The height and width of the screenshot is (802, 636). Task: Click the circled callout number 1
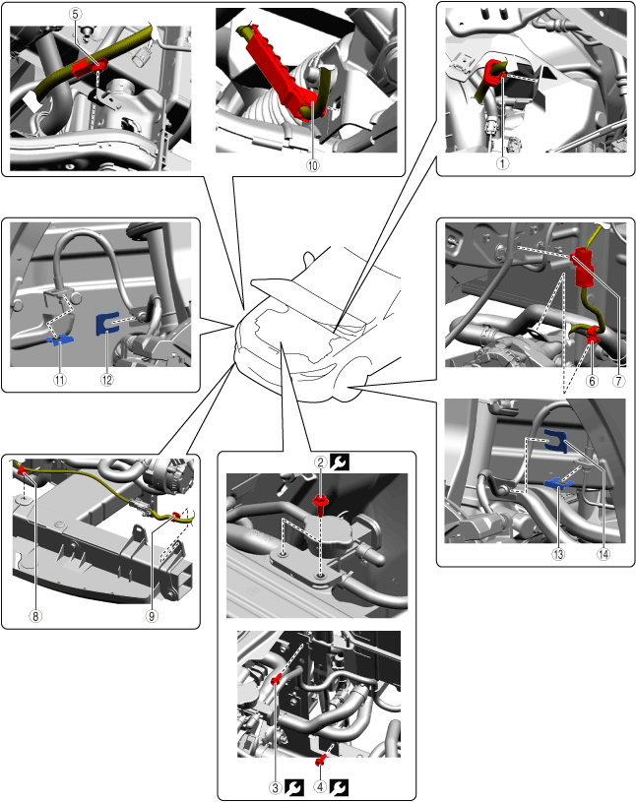click(502, 163)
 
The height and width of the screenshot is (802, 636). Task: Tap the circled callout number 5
click(75, 14)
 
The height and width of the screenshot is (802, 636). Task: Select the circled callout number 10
click(312, 165)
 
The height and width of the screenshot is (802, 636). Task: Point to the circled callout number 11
click(60, 380)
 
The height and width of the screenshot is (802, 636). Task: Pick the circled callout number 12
click(107, 380)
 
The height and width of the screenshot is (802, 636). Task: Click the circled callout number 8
click(35, 616)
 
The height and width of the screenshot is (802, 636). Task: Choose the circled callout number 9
click(152, 616)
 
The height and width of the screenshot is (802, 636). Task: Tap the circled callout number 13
click(558, 554)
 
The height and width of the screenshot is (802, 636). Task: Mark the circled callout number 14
click(604, 554)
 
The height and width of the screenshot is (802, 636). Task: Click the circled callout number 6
click(592, 381)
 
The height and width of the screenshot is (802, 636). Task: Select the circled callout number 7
click(618, 381)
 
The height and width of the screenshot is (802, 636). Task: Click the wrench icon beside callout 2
click(340, 462)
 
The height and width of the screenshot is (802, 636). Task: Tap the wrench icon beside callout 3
click(294, 787)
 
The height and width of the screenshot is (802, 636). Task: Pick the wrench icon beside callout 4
click(339, 787)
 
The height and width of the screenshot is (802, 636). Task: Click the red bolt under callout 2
click(320, 504)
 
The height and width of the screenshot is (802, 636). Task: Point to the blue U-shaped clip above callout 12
click(107, 323)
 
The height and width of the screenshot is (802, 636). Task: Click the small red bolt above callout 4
click(321, 762)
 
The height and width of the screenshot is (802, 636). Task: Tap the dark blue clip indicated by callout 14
click(555, 441)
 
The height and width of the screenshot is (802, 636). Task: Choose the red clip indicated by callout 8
click(22, 469)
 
